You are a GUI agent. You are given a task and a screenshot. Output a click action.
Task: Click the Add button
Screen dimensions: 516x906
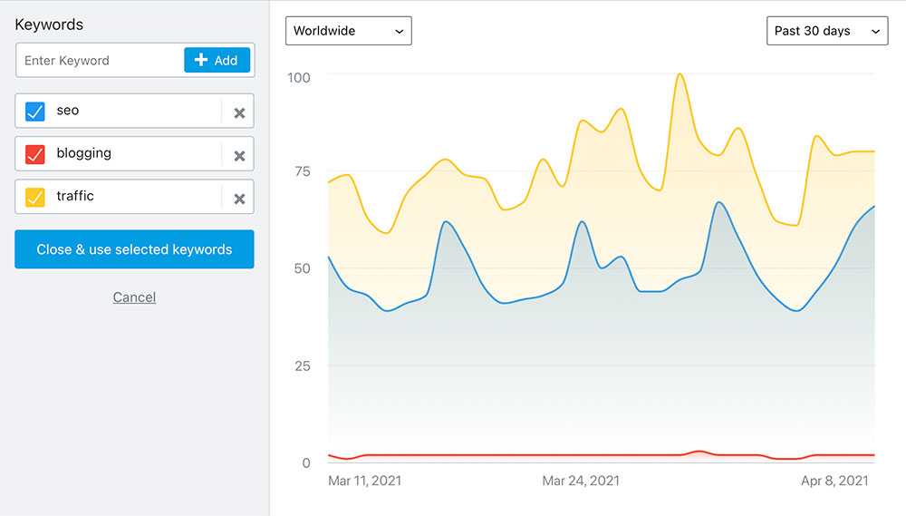point(217,61)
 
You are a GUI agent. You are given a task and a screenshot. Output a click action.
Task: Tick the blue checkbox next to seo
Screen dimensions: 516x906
point(35,112)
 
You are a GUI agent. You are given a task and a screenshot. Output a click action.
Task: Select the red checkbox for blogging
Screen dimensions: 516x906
point(35,154)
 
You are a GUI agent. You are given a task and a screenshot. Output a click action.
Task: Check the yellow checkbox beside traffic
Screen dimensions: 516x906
point(35,197)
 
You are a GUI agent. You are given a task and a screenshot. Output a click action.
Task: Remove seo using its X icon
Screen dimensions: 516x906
point(239,113)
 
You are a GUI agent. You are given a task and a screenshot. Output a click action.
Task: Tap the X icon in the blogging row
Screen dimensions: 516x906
point(239,156)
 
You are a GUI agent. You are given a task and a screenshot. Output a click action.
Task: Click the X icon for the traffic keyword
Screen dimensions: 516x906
point(239,199)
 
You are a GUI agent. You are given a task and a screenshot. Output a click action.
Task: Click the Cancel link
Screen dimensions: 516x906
point(134,297)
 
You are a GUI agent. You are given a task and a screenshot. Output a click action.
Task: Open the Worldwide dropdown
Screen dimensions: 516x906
point(349,31)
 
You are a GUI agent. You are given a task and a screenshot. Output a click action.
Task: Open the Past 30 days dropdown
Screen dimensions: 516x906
point(826,31)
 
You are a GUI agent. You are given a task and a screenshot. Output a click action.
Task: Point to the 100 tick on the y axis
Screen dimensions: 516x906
point(298,78)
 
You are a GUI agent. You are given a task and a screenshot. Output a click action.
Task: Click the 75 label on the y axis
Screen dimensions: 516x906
point(301,171)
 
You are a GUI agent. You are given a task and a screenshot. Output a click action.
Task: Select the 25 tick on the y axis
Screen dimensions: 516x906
point(301,366)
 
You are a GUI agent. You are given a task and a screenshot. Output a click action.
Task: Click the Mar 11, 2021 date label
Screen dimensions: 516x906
point(364,481)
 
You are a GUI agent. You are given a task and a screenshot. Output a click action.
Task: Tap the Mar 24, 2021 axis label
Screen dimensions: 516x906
point(581,481)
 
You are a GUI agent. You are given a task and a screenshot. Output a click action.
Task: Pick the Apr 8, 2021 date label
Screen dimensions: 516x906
point(834,481)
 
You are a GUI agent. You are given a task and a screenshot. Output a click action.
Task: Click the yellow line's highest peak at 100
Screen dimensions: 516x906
point(680,74)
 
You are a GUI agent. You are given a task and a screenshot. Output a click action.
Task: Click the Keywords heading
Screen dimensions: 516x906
point(49,24)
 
